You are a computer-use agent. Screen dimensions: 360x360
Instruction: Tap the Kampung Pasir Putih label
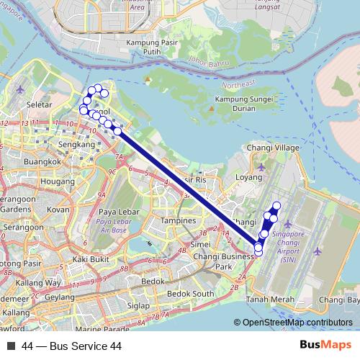(141, 47)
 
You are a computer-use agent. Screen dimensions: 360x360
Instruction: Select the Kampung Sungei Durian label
(242, 103)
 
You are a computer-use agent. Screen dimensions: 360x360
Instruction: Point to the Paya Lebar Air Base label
(111, 221)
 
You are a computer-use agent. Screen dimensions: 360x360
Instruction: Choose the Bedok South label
(190, 294)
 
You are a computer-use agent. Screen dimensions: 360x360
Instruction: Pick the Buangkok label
(42, 162)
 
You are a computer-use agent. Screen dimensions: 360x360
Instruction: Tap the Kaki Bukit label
(91, 258)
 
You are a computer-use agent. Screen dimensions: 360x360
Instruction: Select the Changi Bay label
(340, 300)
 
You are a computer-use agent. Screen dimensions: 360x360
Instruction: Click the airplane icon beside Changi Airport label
(318, 252)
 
